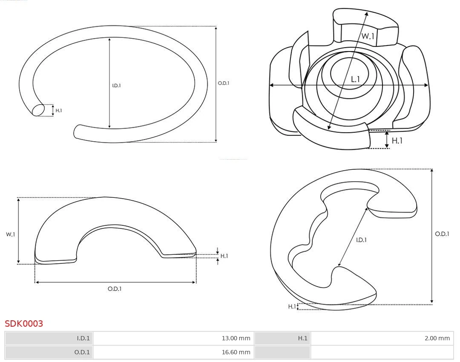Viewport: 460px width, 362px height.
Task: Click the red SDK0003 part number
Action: (x=24, y=324)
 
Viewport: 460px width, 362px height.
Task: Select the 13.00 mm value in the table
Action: (x=236, y=339)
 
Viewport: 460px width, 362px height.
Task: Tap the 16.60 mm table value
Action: (x=236, y=352)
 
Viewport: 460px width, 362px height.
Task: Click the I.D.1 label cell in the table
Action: (x=83, y=339)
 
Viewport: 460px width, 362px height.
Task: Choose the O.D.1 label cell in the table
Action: (x=82, y=352)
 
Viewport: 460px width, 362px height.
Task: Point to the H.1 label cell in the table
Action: (x=302, y=339)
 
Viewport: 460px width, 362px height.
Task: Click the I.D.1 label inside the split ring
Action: (x=116, y=86)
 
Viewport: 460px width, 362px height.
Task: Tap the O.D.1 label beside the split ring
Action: (x=224, y=83)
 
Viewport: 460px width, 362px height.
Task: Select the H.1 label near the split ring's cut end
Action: (x=59, y=111)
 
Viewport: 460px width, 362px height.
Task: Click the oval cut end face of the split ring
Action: (x=38, y=110)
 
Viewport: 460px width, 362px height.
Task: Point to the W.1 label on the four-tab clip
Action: (x=368, y=37)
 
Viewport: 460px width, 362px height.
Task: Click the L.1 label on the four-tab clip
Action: (x=356, y=79)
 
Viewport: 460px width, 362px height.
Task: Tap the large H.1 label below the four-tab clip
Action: (x=397, y=140)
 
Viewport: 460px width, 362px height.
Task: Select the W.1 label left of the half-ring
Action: (x=11, y=234)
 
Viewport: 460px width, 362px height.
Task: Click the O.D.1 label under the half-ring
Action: (x=115, y=289)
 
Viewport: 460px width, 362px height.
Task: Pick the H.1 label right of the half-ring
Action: (x=224, y=256)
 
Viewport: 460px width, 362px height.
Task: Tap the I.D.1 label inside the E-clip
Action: (x=361, y=240)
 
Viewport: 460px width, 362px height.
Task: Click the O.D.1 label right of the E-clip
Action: (x=442, y=234)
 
